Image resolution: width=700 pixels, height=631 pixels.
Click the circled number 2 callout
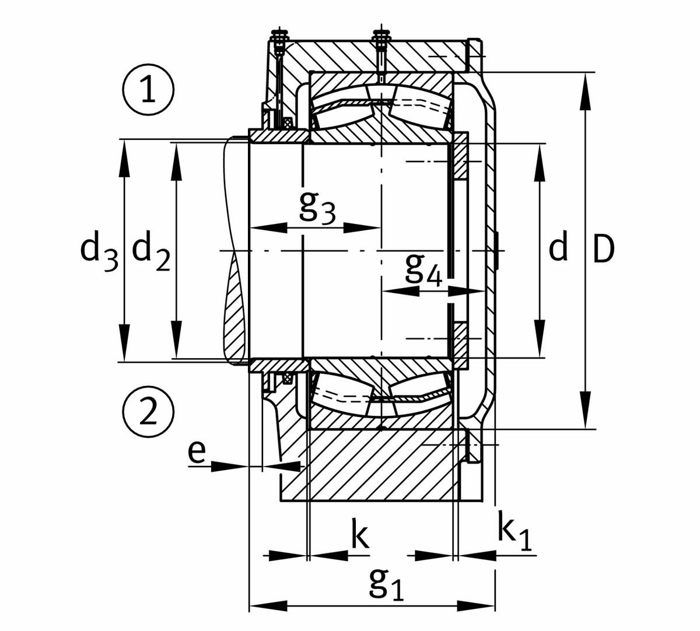tap(149, 413)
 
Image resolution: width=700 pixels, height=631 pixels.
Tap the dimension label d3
tap(99, 251)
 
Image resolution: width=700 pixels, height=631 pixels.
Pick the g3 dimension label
tap(317, 207)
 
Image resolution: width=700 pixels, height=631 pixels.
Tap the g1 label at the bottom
tap(386, 583)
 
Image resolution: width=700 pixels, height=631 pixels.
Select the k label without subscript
tap(360, 537)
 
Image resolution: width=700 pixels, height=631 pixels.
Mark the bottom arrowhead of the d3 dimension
tap(124, 350)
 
